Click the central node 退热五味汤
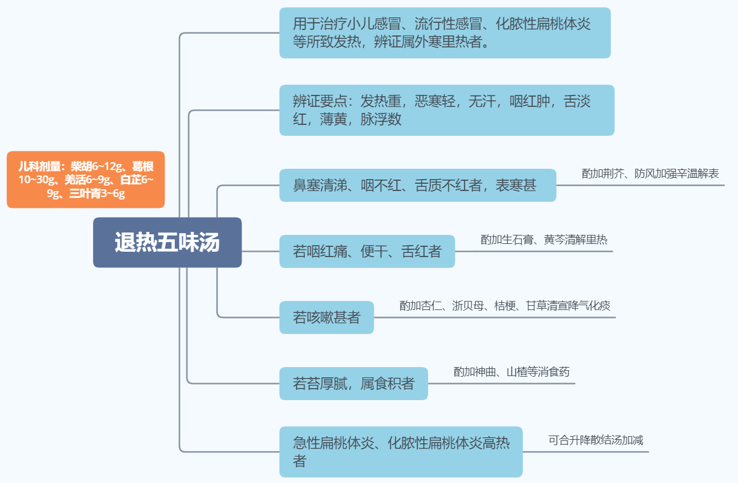pyautogui.click(x=167, y=242)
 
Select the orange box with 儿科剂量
pyautogui.click(x=85, y=179)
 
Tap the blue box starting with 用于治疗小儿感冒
pyautogui.click(x=445, y=33)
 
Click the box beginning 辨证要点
pyautogui.click(x=447, y=110)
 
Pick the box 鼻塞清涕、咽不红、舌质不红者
pyautogui.click(x=417, y=185)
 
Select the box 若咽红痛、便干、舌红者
pyautogui.click(x=367, y=251)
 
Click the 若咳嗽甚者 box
pyautogui.click(x=326, y=317)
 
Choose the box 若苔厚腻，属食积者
pyautogui.click(x=353, y=383)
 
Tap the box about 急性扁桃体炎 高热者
pyautogui.click(x=401, y=452)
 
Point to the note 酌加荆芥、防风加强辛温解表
pyautogui.click(x=650, y=174)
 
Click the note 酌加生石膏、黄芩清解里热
pyautogui.click(x=544, y=240)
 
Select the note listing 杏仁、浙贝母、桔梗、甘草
pyautogui.click(x=505, y=306)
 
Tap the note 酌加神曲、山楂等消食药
pyautogui.click(x=511, y=372)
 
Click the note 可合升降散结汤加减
pyautogui.click(x=596, y=440)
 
